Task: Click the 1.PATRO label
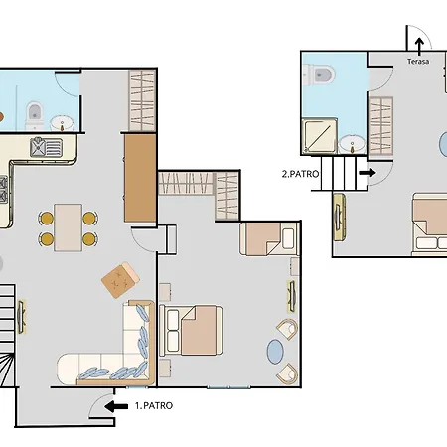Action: tap(154, 406)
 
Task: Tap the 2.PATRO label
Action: tap(300, 174)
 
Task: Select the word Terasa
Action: tap(418, 62)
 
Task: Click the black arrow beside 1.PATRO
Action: tap(116, 406)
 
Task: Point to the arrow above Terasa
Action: tap(419, 47)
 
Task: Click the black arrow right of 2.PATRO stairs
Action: tap(368, 173)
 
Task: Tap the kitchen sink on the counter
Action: tap(46, 147)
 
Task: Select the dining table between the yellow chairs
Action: tap(69, 227)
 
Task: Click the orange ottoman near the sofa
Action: tap(120, 280)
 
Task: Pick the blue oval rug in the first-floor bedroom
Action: tap(275, 352)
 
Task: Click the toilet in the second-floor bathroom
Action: tap(319, 74)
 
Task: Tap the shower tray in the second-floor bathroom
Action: tap(321, 136)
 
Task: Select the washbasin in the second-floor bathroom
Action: tap(352, 144)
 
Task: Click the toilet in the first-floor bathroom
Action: tap(35, 115)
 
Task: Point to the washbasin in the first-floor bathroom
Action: tap(62, 123)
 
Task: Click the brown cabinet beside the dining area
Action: tap(140, 178)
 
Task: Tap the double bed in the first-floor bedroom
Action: tap(191, 331)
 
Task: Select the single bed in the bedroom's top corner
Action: tap(269, 239)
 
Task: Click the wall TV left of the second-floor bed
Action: tap(339, 218)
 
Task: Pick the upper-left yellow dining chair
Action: tap(47, 218)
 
